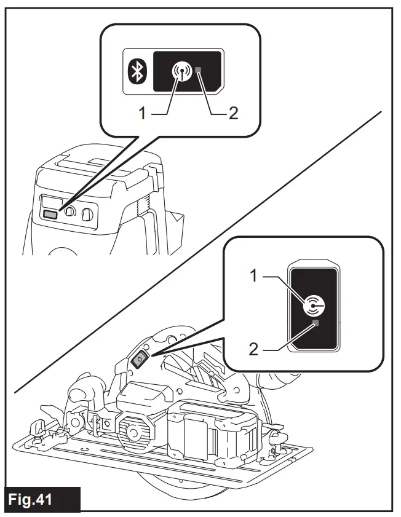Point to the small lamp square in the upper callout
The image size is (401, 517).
pos(200,72)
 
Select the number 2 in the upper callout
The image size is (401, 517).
pos(234,114)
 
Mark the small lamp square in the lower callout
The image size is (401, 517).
pos(316,323)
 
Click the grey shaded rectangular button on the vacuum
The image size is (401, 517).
pos(50,213)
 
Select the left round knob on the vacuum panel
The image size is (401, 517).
pos(69,213)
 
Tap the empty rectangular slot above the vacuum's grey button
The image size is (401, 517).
pos(50,201)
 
